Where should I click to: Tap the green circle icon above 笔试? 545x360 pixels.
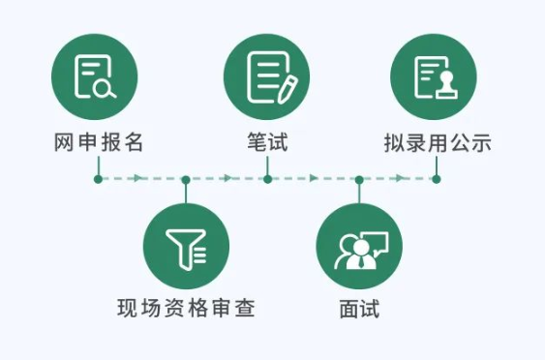click(x=266, y=75)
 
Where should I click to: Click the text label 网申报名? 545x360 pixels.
click(x=98, y=142)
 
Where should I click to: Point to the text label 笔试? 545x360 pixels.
click(x=267, y=142)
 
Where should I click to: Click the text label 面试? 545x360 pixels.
click(x=359, y=311)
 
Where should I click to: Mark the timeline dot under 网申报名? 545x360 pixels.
click(x=98, y=179)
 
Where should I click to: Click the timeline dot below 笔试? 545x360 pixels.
click(x=267, y=179)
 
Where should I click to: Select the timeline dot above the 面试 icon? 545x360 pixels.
click(x=359, y=179)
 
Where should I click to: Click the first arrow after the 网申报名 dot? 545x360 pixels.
click(x=139, y=179)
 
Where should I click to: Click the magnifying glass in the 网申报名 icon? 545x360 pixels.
click(x=106, y=90)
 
